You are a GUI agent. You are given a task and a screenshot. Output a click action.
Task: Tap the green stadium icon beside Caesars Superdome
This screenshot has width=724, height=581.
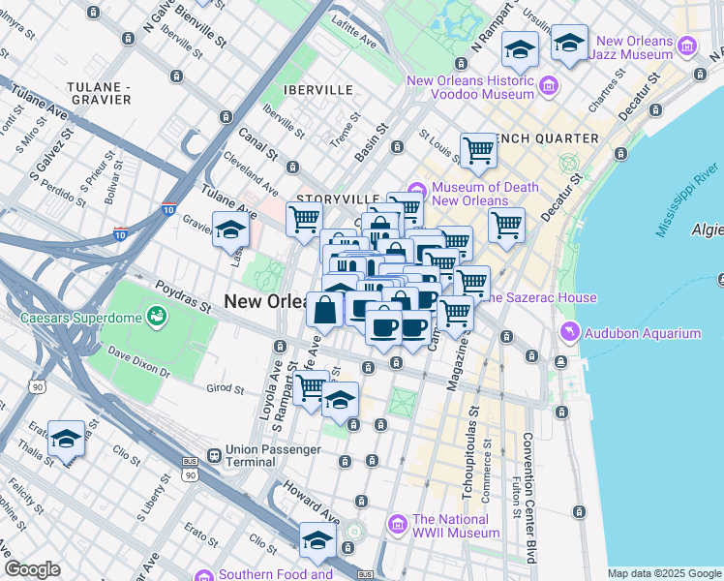click(x=155, y=316)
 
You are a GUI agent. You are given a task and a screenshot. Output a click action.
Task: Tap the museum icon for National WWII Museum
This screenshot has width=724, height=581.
click(x=397, y=525)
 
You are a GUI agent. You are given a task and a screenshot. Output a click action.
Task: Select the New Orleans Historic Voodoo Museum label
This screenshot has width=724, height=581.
click(x=470, y=88)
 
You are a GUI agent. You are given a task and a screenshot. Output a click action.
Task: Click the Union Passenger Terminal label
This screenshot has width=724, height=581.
click(x=280, y=457)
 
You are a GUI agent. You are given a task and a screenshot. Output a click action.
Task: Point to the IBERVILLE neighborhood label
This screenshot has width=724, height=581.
click(x=290, y=89)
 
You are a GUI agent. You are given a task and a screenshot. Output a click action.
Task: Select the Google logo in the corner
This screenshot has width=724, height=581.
click(x=32, y=569)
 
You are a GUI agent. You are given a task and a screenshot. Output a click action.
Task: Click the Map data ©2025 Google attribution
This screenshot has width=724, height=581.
click(x=664, y=573)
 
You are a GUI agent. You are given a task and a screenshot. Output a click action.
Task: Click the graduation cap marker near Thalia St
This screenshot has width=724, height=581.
click(x=67, y=439)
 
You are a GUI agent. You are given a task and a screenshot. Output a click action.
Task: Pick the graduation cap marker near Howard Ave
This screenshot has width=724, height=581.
click(x=317, y=542)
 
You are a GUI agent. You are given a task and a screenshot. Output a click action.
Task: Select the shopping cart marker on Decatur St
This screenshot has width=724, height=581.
click(x=505, y=226)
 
